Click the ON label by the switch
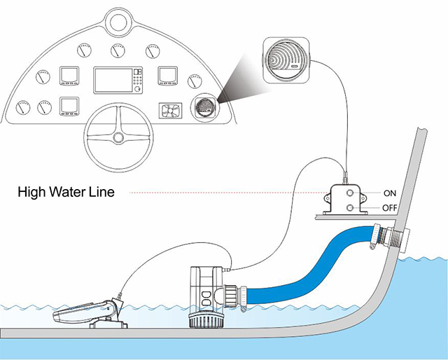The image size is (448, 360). point(391,192)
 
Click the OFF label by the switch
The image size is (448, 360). point(391,208)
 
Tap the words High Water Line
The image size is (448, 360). point(66,191)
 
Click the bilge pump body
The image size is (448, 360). point(204,287)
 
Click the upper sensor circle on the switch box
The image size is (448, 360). point(347,192)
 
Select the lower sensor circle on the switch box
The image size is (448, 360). point(347,207)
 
